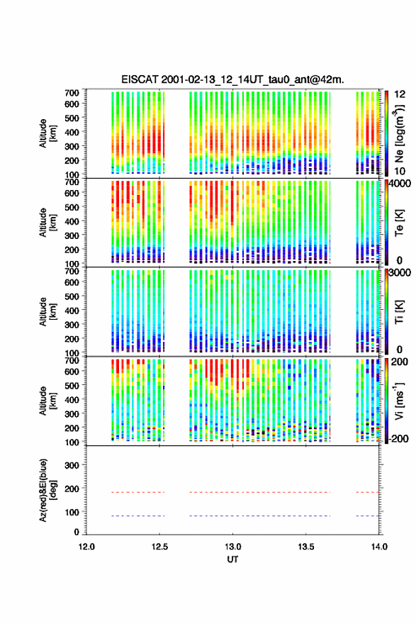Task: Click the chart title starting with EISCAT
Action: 232,79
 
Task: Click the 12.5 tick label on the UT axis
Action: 159,547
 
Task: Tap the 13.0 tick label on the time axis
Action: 232,547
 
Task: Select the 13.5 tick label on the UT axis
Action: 306,547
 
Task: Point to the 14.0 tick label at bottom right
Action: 379,547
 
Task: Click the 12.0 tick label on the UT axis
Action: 86,547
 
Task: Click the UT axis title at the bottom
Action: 232,559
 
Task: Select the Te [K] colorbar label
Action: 399,223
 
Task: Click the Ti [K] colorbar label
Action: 399,312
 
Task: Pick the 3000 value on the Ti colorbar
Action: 400,272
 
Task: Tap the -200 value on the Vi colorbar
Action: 398,438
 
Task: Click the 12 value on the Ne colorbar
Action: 400,94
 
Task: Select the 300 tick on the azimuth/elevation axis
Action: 72,465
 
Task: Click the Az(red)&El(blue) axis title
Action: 47,490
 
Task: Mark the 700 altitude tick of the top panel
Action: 72,93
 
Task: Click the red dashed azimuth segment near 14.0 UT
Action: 368,492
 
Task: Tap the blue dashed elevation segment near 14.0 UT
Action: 368,516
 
